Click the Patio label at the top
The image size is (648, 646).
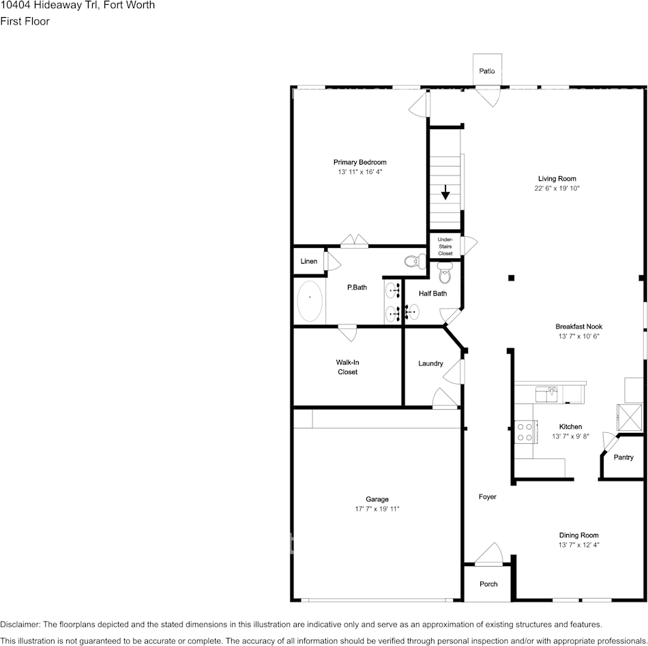pyautogui.click(x=486, y=71)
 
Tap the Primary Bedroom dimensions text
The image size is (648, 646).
pyautogui.click(x=359, y=172)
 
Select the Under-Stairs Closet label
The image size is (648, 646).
pyautogui.click(x=445, y=247)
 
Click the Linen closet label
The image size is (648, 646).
pyautogui.click(x=309, y=262)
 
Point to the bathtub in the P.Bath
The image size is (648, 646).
pyautogui.click(x=310, y=301)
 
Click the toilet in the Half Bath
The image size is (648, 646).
pyautogui.click(x=445, y=275)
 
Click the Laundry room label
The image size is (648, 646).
pyautogui.click(x=430, y=363)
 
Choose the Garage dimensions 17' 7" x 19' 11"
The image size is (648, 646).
pyautogui.click(x=372, y=509)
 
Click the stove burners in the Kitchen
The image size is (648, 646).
pyautogui.click(x=525, y=432)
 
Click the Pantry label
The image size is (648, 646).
pyautogui.click(x=623, y=458)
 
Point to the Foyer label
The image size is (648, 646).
pyautogui.click(x=487, y=496)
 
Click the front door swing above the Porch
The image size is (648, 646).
pyautogui.click(x=489, y=554)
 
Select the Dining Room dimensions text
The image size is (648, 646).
pyautogui.click(x=578, y=545)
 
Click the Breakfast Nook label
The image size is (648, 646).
pyautogui.click(x=578, y=326)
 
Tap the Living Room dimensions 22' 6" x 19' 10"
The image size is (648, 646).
pyautogui.click(x=557, y=188)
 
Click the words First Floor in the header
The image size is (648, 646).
pyautogui.click(x=25, y=21)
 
